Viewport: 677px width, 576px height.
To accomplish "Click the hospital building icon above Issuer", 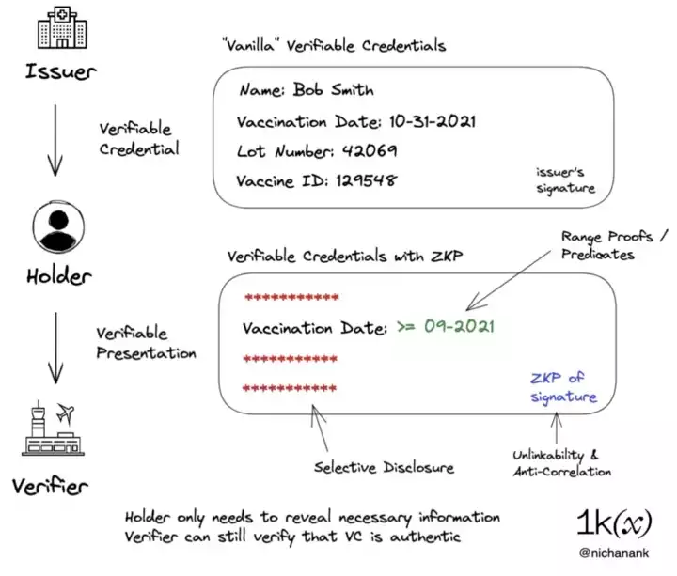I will (x=57, y=29).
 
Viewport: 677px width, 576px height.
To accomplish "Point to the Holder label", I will (x=57, y=276).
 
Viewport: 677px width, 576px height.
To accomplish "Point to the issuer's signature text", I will (x=565, y=180).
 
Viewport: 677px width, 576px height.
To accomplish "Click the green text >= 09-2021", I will (x=445, y=328).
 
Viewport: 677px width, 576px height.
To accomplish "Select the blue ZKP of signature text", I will (x=563, y=387).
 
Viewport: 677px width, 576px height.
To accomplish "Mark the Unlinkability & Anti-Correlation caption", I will (x=562, y=464).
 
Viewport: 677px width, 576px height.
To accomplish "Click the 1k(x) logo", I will (x=614, y=522).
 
